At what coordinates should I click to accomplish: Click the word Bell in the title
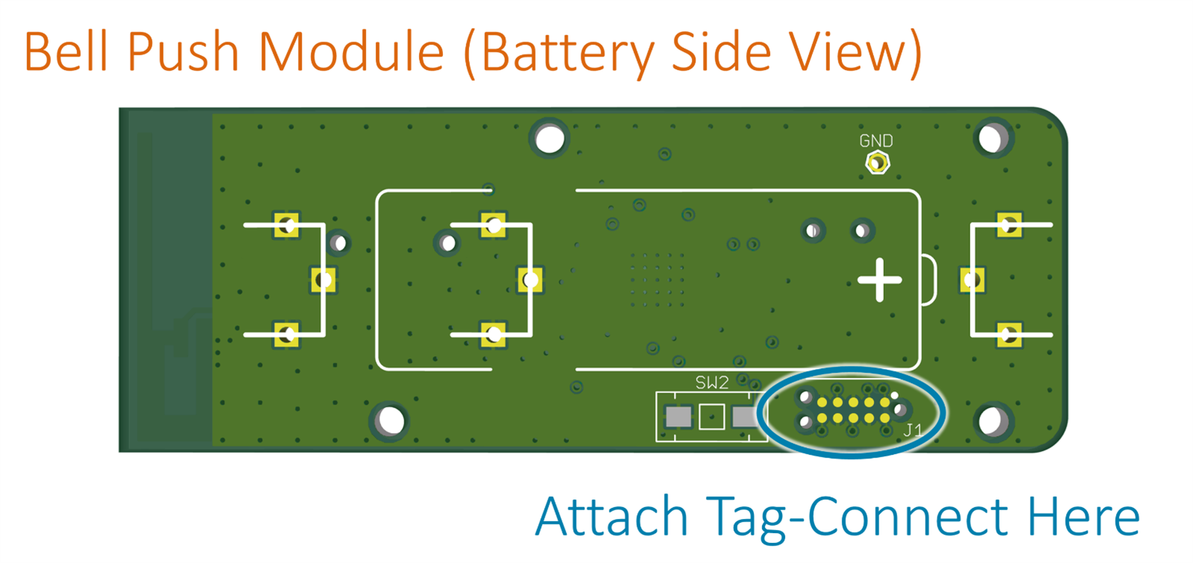(66, 52)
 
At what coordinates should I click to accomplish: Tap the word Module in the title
(352, 52)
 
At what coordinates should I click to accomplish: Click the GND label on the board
(876, 140)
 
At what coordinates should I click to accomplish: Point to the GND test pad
(878, 162)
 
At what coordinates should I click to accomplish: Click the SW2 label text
(712, 383)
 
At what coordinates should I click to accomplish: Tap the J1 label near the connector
(913, 430)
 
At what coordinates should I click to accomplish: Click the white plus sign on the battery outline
(879, 280)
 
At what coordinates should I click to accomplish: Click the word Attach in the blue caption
(612, 517)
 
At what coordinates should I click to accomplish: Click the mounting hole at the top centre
(550, 139)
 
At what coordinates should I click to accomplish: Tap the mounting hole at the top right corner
(993, 138)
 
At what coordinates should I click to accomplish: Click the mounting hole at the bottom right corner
(994, 421)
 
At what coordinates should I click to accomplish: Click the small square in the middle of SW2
(712, 417)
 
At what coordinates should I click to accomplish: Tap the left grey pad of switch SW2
(678, 417)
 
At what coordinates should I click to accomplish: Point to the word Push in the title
(182, 52)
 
